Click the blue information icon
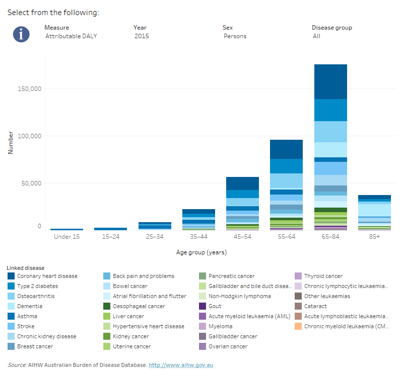[21, 34]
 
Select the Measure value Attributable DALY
[71, 36]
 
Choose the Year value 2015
[142, 36]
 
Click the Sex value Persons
[235, 36]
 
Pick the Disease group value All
[316, 36]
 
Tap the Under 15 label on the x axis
[67, 236]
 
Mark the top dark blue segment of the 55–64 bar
[286, 149]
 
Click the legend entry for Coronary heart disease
[47, 276]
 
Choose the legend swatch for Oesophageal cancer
[107, 306]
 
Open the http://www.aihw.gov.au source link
[181, 365]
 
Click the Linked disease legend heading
[26, 268]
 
